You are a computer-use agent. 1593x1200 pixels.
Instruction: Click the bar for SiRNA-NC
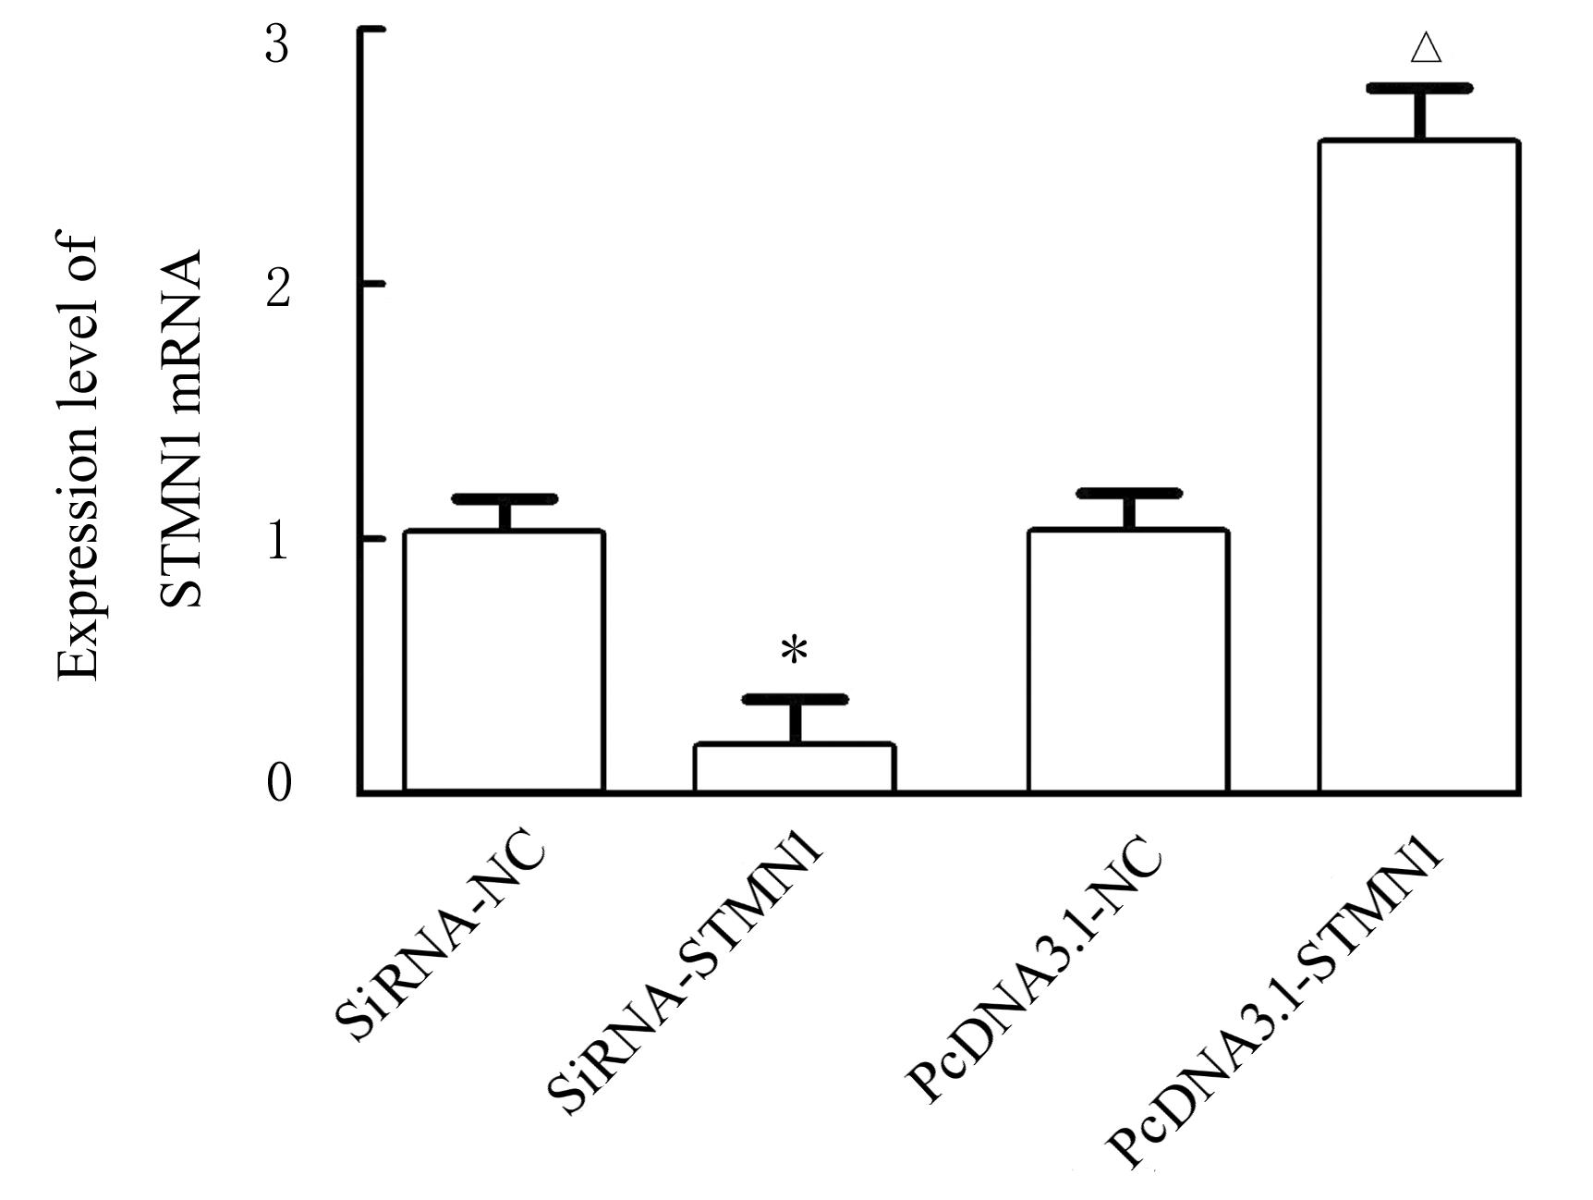click(504, 661)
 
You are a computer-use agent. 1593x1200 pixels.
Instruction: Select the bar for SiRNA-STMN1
click(795, 767)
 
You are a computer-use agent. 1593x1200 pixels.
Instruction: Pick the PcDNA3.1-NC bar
click(1127, 661)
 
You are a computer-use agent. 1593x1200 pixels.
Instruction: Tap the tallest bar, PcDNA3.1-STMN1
click(1418, 467)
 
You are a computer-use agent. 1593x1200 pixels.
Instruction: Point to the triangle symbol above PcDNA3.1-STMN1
click(1426, 49)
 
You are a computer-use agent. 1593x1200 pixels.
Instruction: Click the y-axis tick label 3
click(277, 44)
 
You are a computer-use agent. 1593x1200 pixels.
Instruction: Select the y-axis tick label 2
click(277, 288)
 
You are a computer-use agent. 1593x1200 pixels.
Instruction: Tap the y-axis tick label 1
click(277, 543)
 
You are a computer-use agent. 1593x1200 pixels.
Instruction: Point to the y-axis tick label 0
click(278, 785)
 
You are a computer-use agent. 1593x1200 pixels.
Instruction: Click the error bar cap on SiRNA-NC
click(505, 499)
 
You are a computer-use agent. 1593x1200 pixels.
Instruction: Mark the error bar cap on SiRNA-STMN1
click(795, 699)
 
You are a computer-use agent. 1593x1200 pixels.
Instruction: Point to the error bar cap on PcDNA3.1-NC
click(1128, 494)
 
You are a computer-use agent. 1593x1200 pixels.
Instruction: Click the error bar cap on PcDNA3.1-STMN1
click(1419, 89)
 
